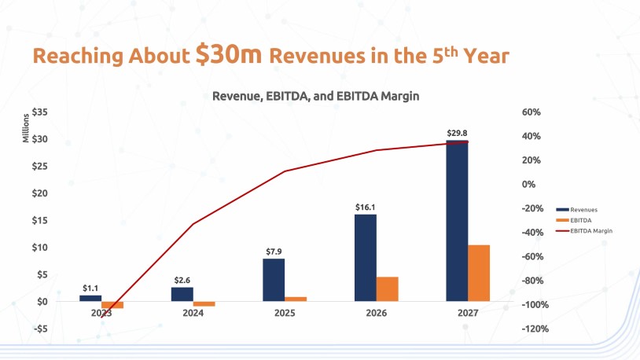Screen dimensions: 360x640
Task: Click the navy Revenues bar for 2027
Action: click(x=457, y=221)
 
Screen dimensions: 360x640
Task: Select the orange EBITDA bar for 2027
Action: click(x=479, y=273)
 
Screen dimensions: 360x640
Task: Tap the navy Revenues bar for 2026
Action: click(x=366, y=257)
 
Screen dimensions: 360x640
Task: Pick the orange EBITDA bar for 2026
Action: click(x=388, y=288)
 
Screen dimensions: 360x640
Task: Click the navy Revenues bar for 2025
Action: click(x=274, y=280)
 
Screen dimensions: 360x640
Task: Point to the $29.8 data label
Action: click(x=458, y=134)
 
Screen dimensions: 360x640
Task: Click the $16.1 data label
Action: click(x=366, y=208)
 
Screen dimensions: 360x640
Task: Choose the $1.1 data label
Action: click(x=90, y=288)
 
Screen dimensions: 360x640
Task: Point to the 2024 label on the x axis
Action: click(x=193, y=312)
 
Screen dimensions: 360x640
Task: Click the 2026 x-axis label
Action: click(x=377, y=312)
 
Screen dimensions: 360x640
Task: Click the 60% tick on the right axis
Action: click(x=531, y=112)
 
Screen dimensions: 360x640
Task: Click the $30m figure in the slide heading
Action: click(x=231, y=56)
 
